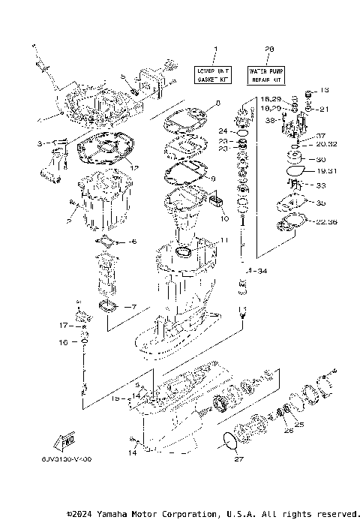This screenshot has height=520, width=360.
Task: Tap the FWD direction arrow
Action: [62, 437]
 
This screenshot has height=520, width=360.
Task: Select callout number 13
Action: [324, 90]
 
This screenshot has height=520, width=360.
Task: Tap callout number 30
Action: [321, 159]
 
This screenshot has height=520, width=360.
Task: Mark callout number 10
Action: [223, 218]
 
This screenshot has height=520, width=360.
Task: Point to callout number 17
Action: [66, 326]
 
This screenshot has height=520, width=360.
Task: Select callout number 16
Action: [64, 342]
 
